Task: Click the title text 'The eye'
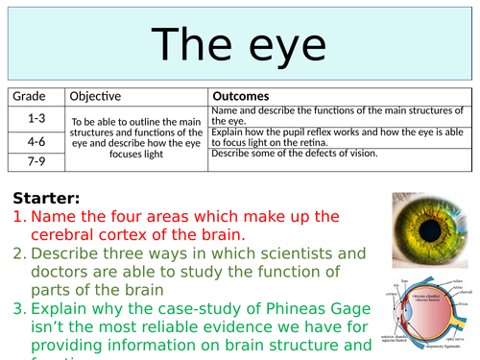tap(240, 44)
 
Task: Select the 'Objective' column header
tap(94, 96)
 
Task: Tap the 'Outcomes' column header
tap(240, 96)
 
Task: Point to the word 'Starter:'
tap(47, 199)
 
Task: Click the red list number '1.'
tap(20, 218)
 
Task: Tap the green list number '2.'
tap(20, 254)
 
